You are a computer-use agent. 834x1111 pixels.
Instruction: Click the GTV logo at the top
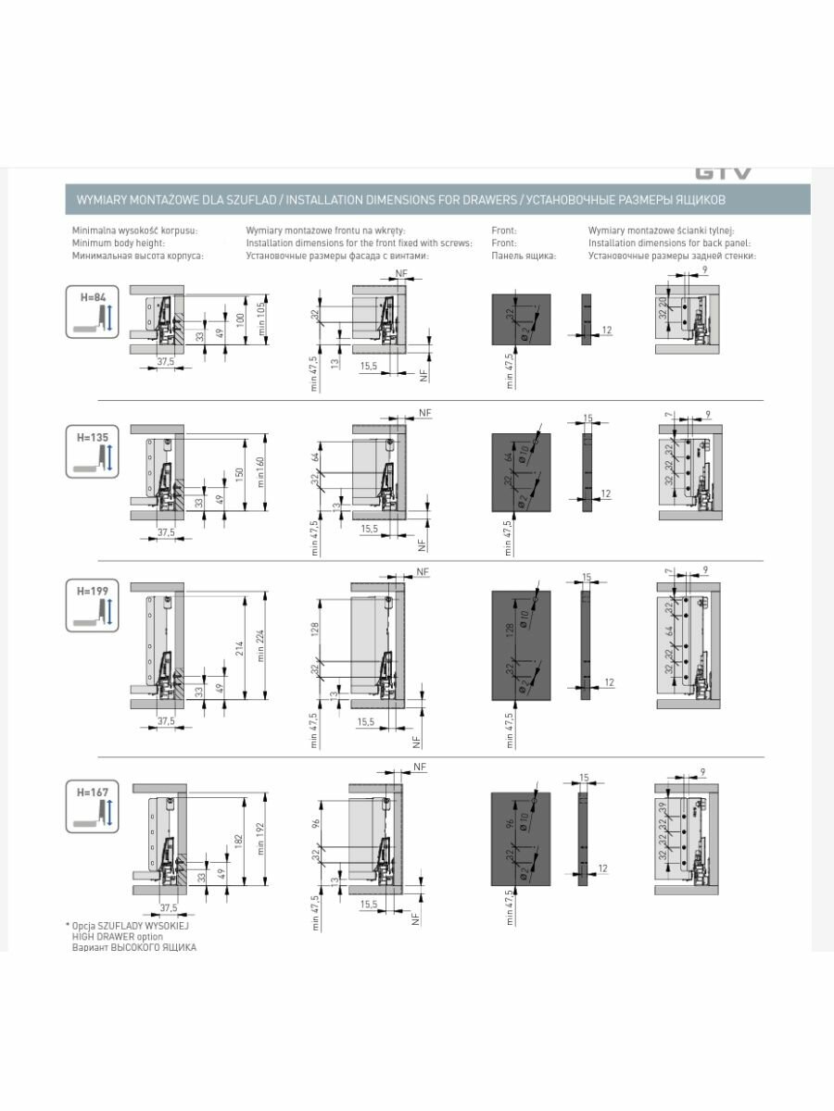pos(723,173)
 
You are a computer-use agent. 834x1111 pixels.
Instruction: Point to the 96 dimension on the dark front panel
pos(510,824)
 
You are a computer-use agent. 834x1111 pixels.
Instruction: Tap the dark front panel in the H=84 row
pos(521,319)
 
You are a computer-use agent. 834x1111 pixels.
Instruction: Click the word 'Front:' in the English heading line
pos(504,243)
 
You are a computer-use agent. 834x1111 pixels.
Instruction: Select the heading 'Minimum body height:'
pos(118,243)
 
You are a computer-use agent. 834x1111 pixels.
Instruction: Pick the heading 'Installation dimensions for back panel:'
pos(672,243)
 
